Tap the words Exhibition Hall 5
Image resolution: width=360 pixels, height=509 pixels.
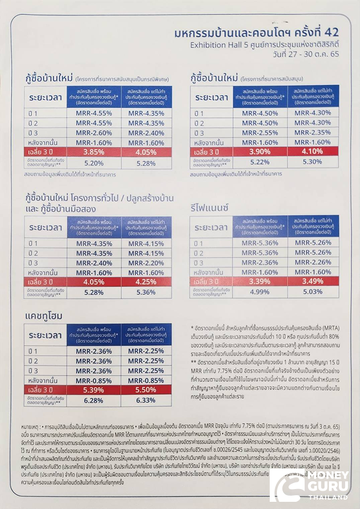point(216,45)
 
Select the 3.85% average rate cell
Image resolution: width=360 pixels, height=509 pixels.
point(94,151)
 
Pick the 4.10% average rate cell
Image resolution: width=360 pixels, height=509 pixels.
point(312,151)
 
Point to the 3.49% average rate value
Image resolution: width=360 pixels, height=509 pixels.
point(312,281)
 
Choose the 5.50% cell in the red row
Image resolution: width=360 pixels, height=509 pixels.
point(146,390)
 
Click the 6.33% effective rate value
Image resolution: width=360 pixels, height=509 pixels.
point(146,400)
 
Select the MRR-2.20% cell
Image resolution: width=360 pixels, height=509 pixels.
point(146,263)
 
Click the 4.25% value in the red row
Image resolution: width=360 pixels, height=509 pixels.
point(146,281)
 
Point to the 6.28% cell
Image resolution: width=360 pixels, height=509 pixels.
point(94,400)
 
